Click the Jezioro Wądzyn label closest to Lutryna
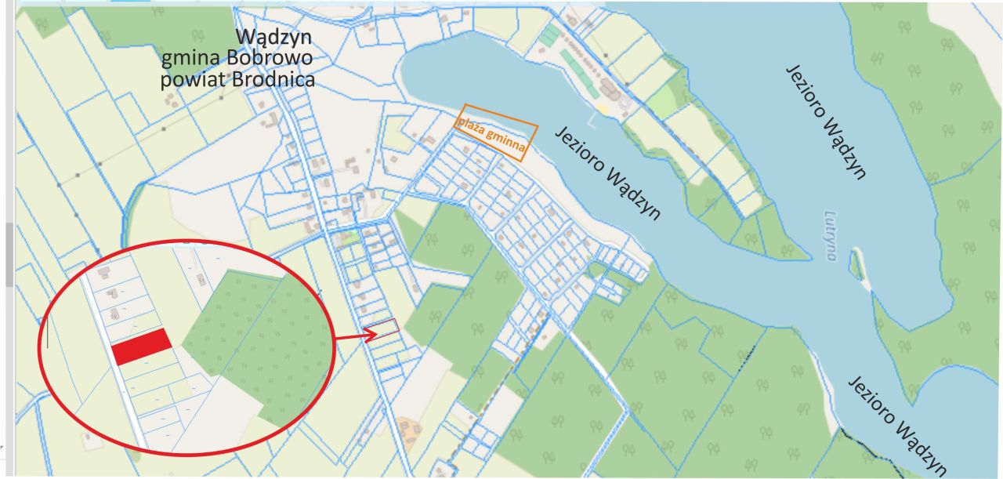pos(826,122)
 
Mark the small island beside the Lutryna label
pos(856,266)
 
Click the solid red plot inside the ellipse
pos(142,347)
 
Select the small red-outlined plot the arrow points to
pos(384,328)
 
